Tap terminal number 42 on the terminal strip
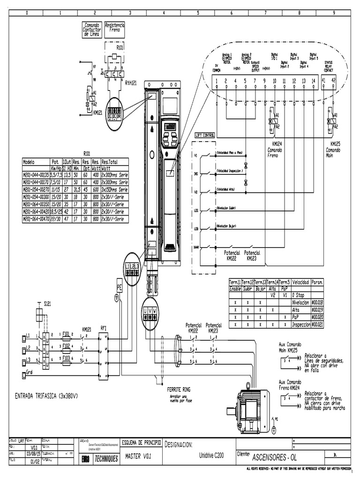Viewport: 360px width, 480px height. [x=333, y=81]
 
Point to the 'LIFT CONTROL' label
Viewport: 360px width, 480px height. [x=204, y=135]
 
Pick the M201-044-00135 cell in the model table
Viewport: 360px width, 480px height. [x=36, y=173]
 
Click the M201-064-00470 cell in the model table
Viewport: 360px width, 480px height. [x=36, y=218]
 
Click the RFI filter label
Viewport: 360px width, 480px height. [x=104, y=329]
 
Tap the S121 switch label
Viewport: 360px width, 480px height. [x=48, y=304]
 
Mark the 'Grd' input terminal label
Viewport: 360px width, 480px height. [x=30, y=373]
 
